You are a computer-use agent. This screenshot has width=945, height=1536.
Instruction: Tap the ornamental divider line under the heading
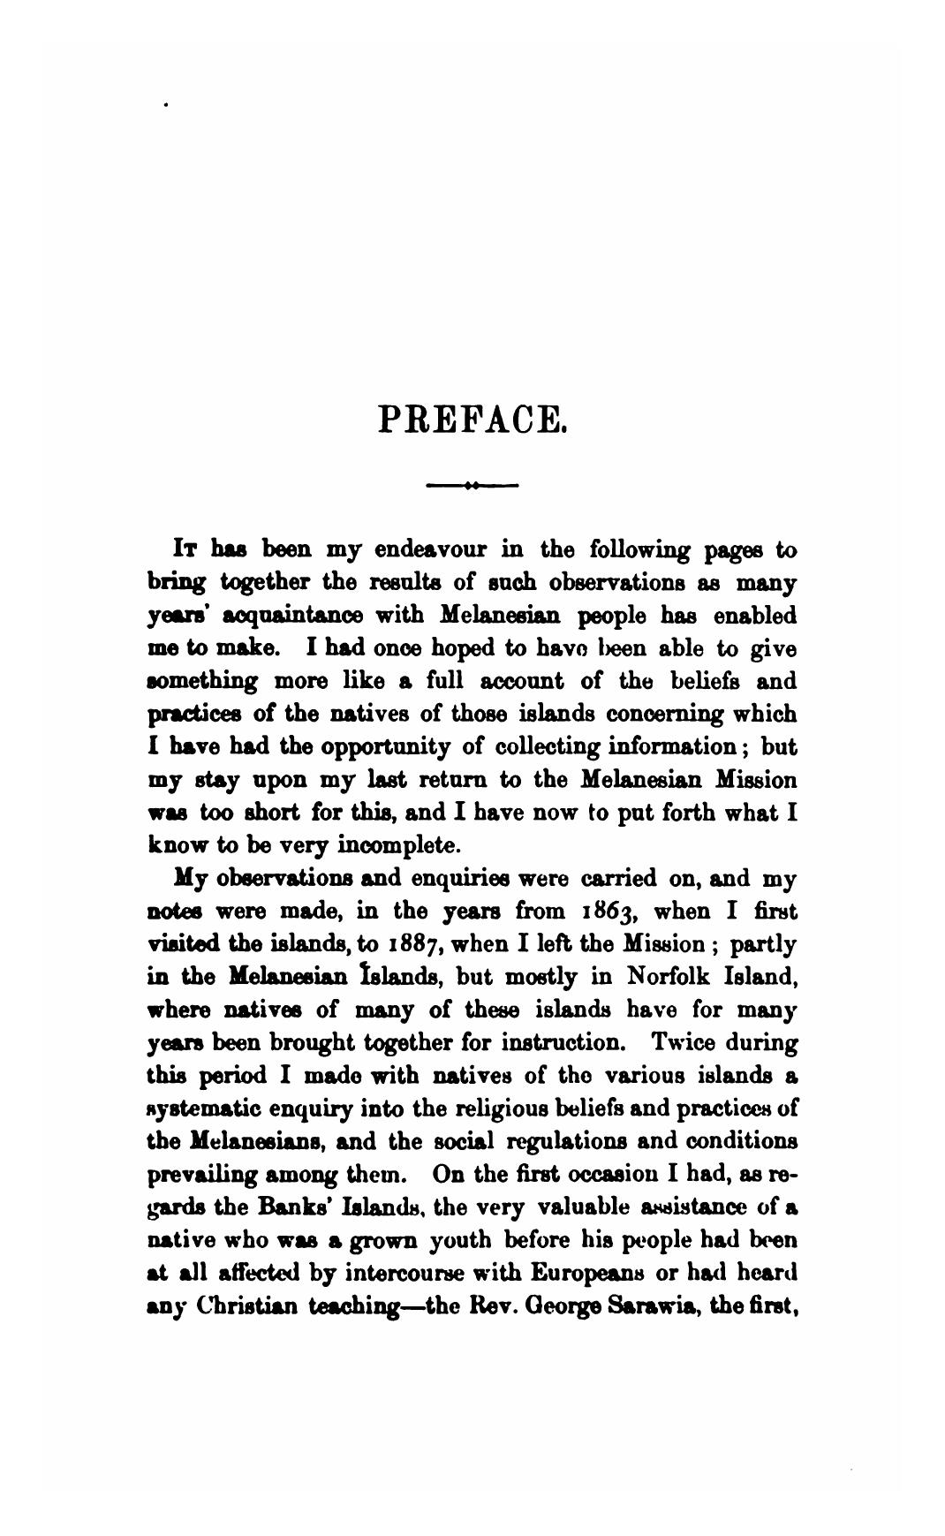click(x=472, y=484)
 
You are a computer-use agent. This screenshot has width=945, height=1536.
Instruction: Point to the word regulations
click(x=550, y=1140)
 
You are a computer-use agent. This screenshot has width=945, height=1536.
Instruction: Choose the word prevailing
click(x=205, y=1174)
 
